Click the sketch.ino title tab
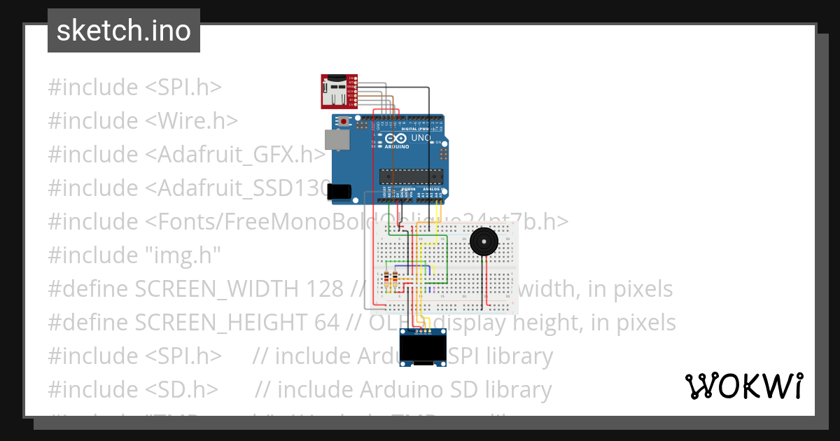point(124,31)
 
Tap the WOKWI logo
point(743,386)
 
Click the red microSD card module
point(338,91)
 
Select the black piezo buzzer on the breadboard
point(484,241)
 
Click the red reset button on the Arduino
point(344,122)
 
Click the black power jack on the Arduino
point(340,192)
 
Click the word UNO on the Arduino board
point(420,138)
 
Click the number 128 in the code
point(324,289)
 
